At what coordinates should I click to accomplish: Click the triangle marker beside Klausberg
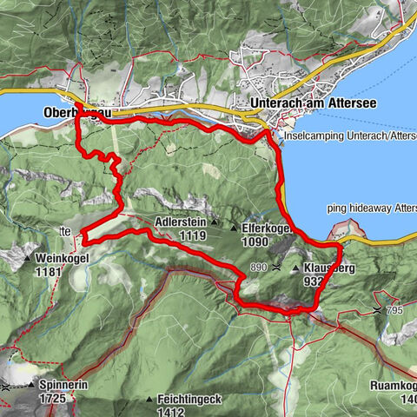tap(295, 269)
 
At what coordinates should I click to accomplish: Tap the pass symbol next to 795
tap(377, 309)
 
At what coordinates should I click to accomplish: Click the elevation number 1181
tap(52, 272)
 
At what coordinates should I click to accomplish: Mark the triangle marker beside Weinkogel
tap(29, 259)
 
